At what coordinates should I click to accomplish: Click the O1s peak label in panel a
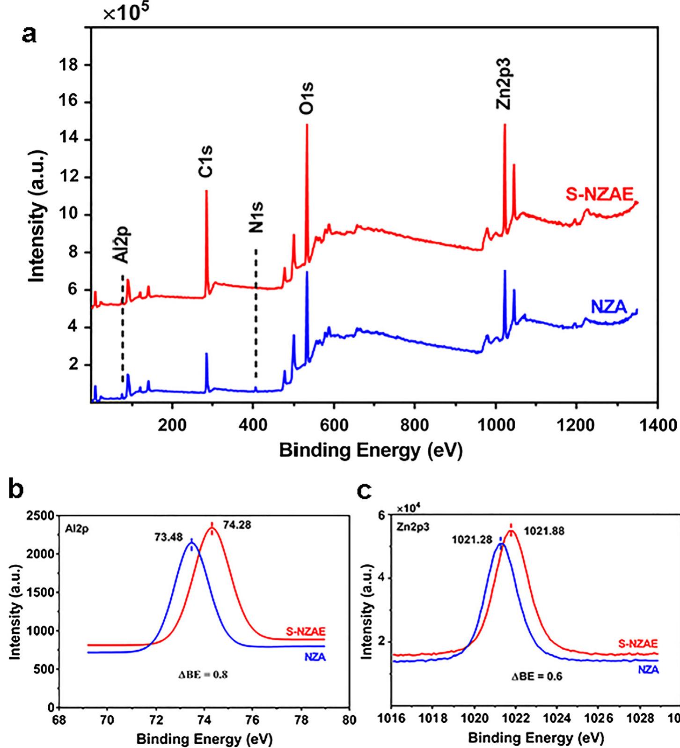tap(307, 97)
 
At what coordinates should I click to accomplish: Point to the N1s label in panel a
tap(256, 217)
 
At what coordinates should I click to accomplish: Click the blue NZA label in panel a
tap(608, 307)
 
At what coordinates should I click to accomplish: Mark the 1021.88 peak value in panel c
tap(544, 531)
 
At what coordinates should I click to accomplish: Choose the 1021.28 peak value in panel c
tap(472, 540)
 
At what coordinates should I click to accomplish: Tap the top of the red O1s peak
tap(307, 125)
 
